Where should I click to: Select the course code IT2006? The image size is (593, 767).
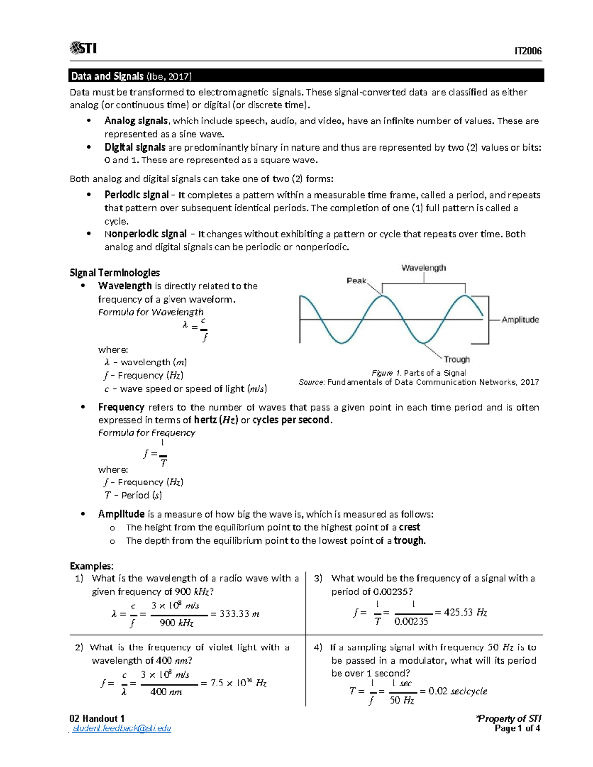click(528, 51)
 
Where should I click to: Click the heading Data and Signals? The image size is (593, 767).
click(108, 76)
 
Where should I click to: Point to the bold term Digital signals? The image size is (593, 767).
click(135, 147)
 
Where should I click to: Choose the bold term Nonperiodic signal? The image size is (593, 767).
click(145, 234)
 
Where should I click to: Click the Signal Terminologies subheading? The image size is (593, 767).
click(115, 273)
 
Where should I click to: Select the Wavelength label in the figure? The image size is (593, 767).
click(424, 268)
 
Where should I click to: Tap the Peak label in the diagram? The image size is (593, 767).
click(356, 281)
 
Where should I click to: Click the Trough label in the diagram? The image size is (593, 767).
click(457, 359)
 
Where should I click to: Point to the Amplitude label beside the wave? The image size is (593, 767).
click(520, 320)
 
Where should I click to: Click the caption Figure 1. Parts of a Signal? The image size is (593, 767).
click(419, 373)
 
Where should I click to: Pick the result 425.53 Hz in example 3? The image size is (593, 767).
click(466, 613)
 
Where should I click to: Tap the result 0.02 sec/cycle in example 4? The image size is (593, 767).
click(458, 691)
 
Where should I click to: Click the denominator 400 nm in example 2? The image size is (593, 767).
click(166, 692)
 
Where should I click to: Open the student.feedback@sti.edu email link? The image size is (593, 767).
click(122, 728)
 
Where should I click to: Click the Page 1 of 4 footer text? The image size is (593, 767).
click(517, 728)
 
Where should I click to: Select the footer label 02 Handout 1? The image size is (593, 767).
click(97, 718)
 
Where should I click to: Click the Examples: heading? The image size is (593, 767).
click(91, 566)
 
